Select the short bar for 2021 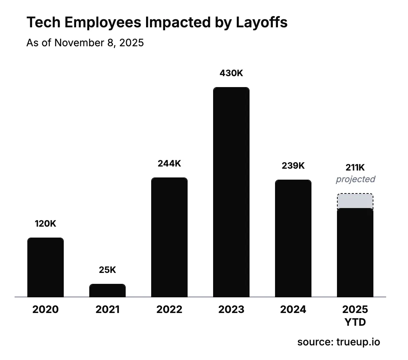tap(107, 290)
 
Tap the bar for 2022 tap(169, 237)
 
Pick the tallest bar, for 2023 tap(231, 192)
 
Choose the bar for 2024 tap(293, 238)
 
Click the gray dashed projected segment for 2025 tap(355, 201)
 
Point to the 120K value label tap(46, 224)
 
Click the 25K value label tap(107, 270)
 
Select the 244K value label tap(169, 164)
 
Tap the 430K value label tap(231, 73)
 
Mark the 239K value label tap(293, 166)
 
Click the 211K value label tap(355, 168)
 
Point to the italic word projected tap(355, 179)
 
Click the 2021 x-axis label tap(107, 310)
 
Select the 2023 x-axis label tap(231, 310)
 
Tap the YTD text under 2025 tap(355, 322)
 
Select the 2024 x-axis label tap(293, 310)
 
